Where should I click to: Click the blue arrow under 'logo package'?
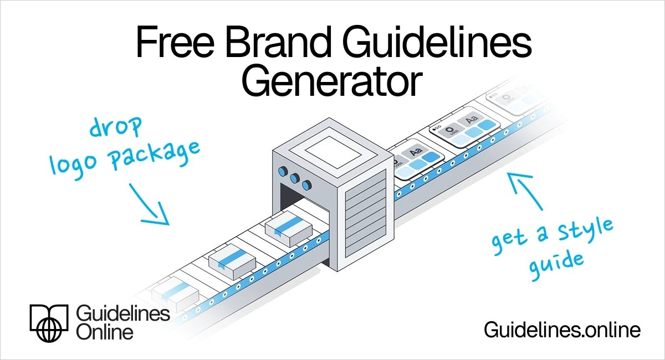(150, 204)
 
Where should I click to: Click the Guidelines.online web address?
(562, 330)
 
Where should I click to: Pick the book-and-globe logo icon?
(49, 322)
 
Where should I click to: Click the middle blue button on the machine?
(294, 178)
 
